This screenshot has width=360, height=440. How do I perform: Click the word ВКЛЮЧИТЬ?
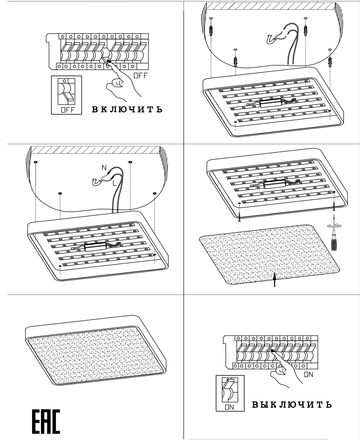(127, 109)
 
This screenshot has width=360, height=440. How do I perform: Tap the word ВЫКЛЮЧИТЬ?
(292, 404)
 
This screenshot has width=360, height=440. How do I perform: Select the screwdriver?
(334, 233)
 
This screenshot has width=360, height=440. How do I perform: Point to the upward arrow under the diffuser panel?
(275, 280)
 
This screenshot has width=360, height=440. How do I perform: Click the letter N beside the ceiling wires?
(104, 167)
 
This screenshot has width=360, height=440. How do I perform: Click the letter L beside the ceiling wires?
(115, 183)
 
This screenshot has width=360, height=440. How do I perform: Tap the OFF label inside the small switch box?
(68, 110)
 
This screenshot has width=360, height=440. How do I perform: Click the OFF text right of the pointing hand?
(141, 75)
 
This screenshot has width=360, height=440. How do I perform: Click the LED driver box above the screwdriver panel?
(275, 184)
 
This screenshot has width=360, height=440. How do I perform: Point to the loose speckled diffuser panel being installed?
(270, 254)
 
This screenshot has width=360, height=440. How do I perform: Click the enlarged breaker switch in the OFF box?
(66, 92)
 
